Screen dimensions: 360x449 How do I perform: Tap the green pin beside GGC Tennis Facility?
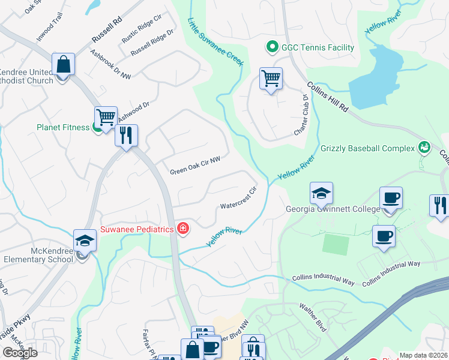coord(271,47)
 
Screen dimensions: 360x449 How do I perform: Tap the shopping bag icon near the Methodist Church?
coord(63,65)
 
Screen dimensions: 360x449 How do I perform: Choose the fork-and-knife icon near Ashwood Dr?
coord(126,136)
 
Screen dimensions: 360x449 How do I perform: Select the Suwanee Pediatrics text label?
coord(137,228)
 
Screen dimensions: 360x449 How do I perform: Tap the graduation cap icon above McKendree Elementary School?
coord(85,241)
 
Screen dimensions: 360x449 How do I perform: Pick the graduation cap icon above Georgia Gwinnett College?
coord(321,193)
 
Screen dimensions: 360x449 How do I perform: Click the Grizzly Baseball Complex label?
coord(367,148)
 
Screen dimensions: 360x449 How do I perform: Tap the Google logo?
coord(19,353)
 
